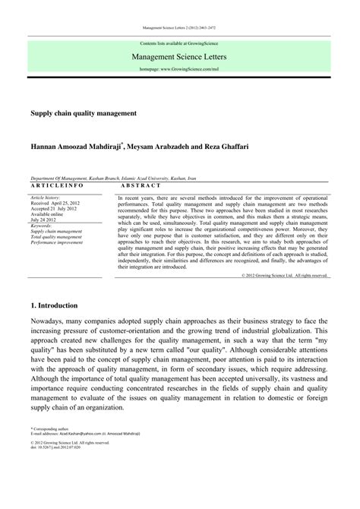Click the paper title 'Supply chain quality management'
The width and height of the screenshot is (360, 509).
[x=84, y=112]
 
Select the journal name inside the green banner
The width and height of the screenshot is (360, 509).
[x=180, y=56]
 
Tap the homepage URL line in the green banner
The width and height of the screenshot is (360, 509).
[x=180, y=69]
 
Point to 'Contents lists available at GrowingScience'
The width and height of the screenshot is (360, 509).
[x=180, y=44]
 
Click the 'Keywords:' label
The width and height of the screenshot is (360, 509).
[x=41, y=226]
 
